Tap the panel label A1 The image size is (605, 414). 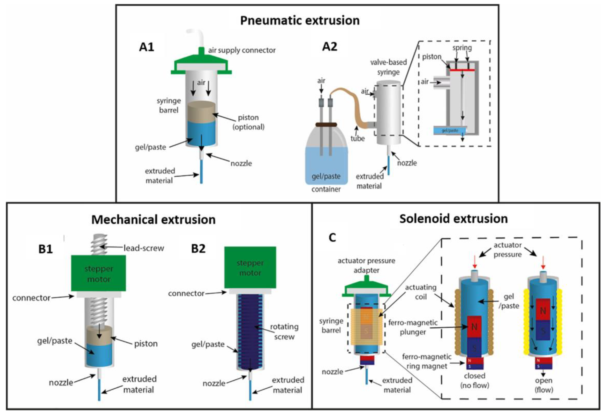[x=147, y=47]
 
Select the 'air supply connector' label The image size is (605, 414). [x=242, y=50]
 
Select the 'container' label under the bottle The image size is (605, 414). [x=326, y=189]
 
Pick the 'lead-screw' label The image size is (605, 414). [x=144, y=248]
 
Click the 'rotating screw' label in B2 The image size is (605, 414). [x=284, y=332]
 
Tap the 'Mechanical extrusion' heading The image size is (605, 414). [x=153, y=220]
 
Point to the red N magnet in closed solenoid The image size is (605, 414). [x=474, y=327]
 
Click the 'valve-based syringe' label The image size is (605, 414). [x=388, y=67]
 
